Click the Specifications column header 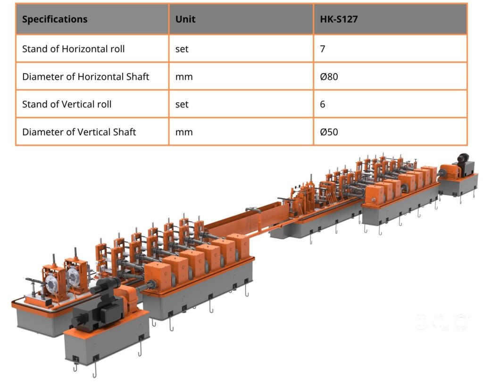tap(55, 19)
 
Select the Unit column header tap(185, 19)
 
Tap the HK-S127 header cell tap(339, 19)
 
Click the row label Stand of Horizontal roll tap(73, 49)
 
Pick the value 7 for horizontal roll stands tap(323, 49)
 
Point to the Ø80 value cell tap(329, 76)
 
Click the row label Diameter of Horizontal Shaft tap(86, 76)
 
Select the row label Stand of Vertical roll tap(67, 104)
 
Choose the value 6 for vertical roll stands tap(323, 104)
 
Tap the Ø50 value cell tap(329, 132)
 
